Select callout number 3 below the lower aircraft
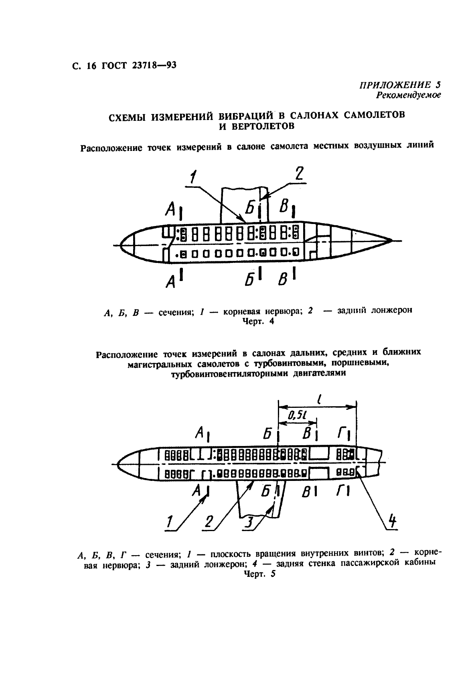click(x=249, y=522)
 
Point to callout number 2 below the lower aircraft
click(x=209, y=521)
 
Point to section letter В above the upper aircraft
click(x=285, y=207)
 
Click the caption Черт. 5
click(x=260, y=574)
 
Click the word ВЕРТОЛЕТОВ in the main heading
click(x=257, y=126)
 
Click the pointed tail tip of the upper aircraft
click(x=390, y=240)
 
